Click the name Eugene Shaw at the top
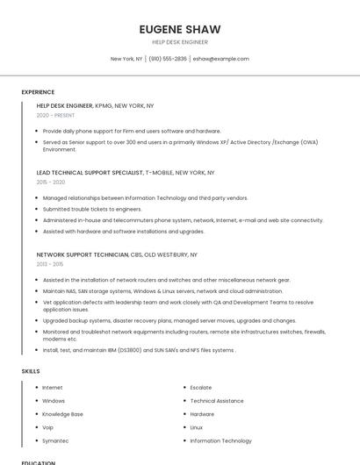[180, 29]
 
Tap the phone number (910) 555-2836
[168, 59]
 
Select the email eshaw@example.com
[221, 59]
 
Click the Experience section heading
[38, 92]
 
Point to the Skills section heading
[31, 371]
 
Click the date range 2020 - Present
[56, 115]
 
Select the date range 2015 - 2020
[51, 182]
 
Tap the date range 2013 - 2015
[50, 263]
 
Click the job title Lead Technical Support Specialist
[90, 173]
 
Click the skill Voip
[48, 427]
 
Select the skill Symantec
[55, 440]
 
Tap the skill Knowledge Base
[62, 414]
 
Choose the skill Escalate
[201, 387]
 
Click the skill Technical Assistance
[218, 401]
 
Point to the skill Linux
[197, 427]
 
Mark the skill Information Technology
[220, 440]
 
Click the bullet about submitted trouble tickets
[92, 209]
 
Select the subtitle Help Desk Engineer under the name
[180, 42]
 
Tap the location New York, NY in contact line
[126, 59]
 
